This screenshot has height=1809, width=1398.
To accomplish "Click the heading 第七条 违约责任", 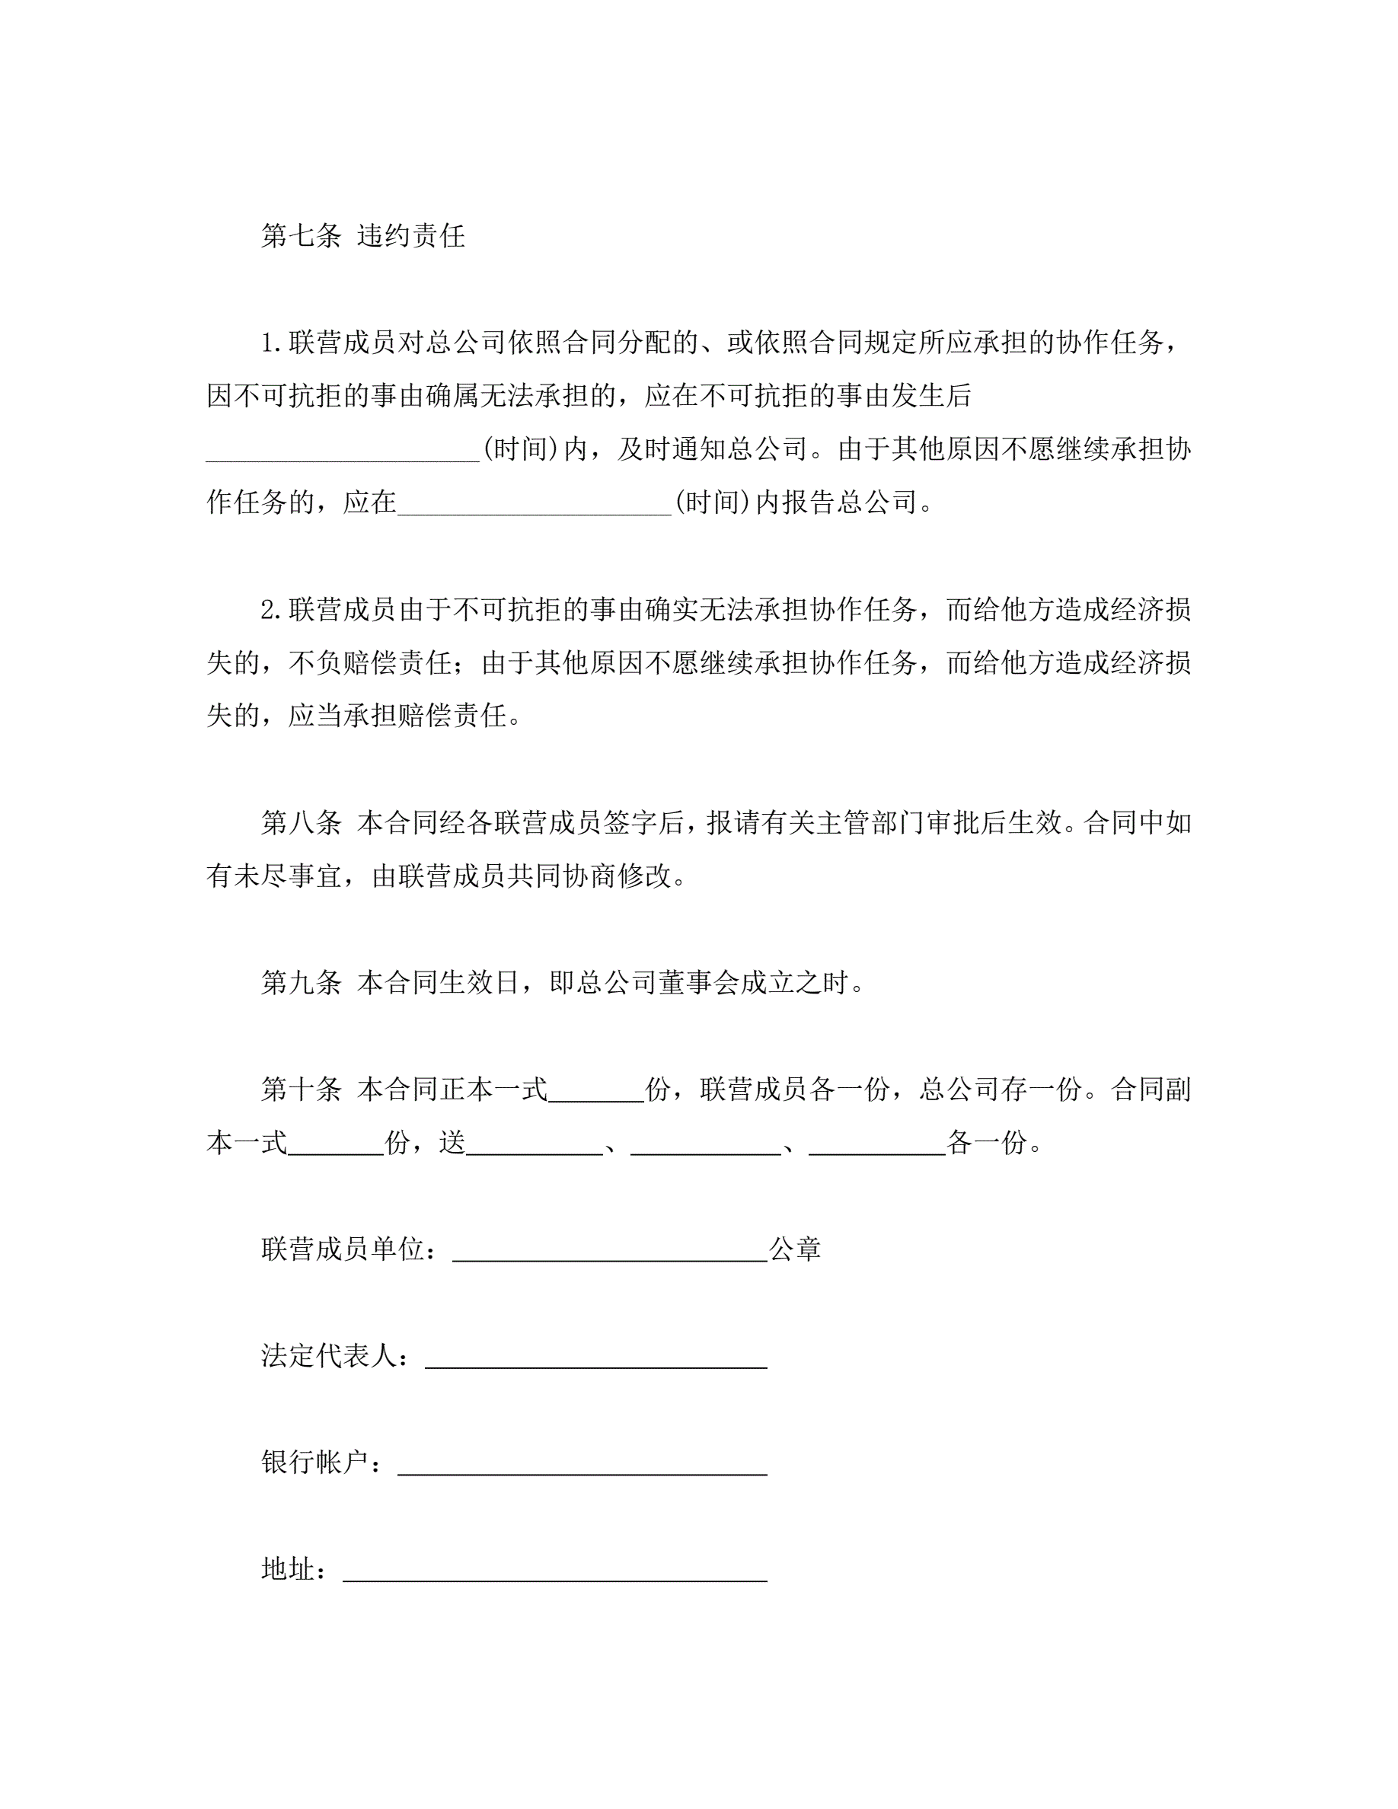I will point(362,236).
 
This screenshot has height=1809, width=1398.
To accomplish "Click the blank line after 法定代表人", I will point(595,1355).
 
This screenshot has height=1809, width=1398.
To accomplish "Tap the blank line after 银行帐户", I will point(582,1462).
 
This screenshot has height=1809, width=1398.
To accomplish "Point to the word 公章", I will point(795,1249).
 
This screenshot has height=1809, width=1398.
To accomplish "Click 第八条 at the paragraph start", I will point(301,822).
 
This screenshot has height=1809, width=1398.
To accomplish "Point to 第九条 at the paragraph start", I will point(301,982).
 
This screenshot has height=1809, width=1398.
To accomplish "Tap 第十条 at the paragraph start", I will point(301,1090).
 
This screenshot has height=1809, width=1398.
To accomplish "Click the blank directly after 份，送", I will point(535,1144).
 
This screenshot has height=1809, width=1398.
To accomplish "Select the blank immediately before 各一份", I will point(877,1144).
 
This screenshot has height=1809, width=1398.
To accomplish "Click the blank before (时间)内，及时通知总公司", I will point(343,451).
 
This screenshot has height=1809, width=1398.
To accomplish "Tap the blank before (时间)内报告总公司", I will point(535,503).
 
